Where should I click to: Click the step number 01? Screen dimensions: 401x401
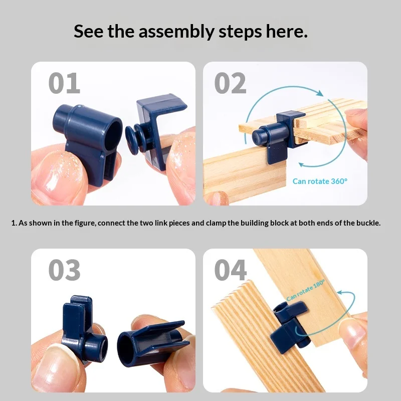64,83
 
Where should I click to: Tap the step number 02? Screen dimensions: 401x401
230,83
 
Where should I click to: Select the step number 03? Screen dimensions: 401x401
64,270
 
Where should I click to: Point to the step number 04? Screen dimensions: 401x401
231,270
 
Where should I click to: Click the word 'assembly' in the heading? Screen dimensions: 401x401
176,32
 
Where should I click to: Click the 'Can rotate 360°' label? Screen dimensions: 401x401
320,181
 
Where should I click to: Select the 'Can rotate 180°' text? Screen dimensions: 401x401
306,290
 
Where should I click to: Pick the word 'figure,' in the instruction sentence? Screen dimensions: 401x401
85,223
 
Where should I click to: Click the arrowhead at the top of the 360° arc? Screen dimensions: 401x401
319,93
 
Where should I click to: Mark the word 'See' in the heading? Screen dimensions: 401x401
89,31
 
